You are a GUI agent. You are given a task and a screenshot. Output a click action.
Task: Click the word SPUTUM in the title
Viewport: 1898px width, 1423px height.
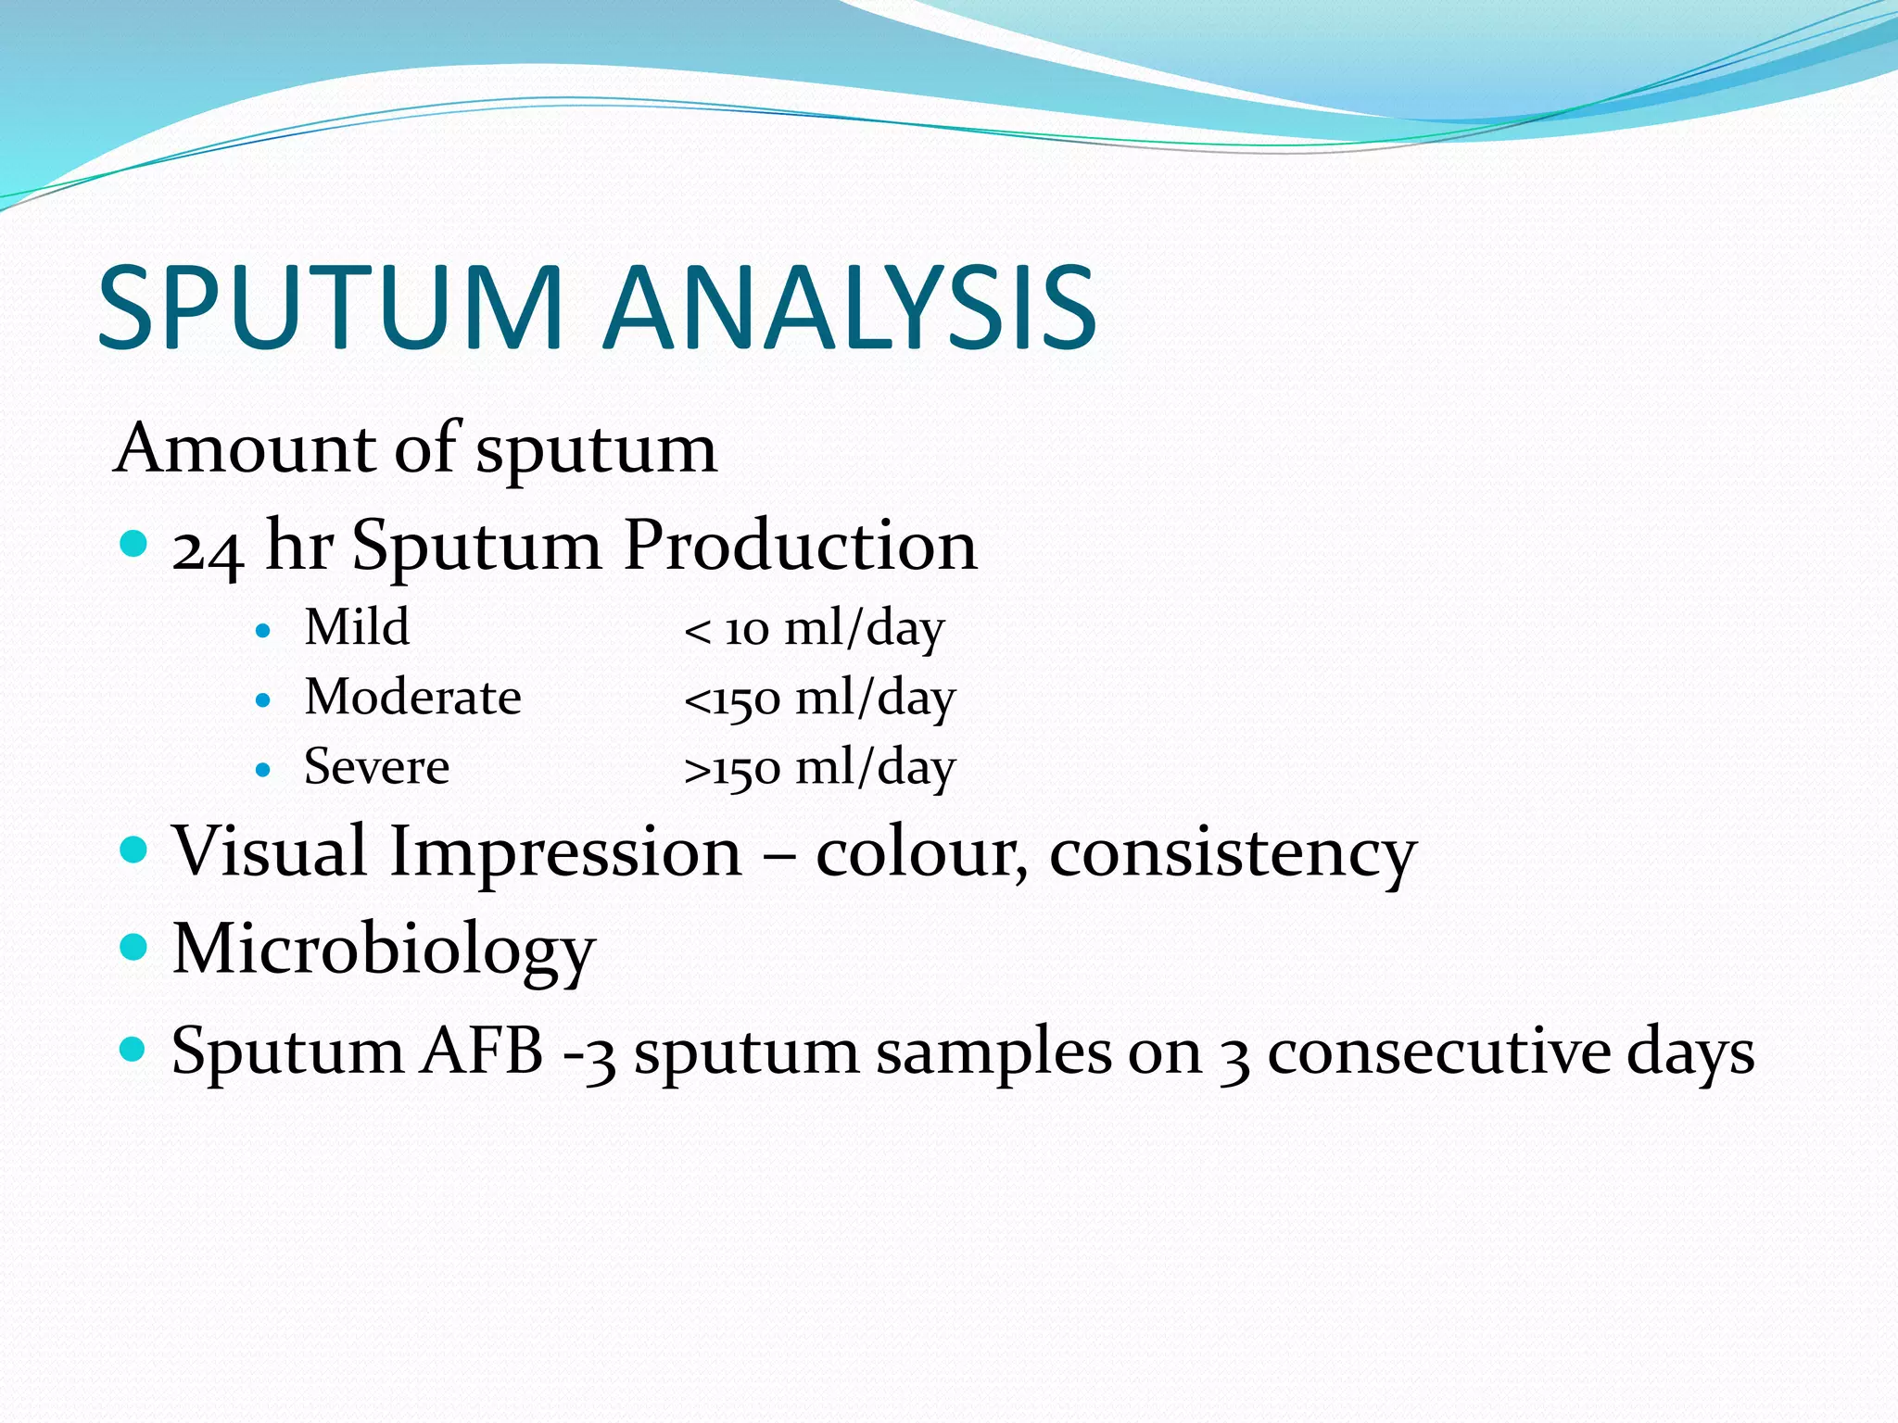(330, 308)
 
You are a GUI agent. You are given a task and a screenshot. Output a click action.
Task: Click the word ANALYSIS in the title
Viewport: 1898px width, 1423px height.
(851, 308)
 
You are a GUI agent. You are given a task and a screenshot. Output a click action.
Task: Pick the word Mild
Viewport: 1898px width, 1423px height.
(357, 627)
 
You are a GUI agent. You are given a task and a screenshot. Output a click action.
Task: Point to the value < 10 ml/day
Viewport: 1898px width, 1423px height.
(814, 630)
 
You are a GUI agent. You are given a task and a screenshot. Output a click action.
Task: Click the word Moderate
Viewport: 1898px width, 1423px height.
(412, 697)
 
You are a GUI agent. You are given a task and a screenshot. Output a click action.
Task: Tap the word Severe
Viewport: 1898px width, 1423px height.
(376, 767)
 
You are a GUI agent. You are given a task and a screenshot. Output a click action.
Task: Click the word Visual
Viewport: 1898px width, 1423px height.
(270, 850)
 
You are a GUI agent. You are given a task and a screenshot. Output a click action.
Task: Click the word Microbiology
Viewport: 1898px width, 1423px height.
(384, 950)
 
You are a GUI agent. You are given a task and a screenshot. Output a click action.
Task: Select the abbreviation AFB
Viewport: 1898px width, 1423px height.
(482, 1052)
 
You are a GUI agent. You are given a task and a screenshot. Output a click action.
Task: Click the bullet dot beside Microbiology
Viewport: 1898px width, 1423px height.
(134, 947)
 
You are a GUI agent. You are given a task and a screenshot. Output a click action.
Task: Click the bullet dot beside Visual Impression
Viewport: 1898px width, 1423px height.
(134, 849)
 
